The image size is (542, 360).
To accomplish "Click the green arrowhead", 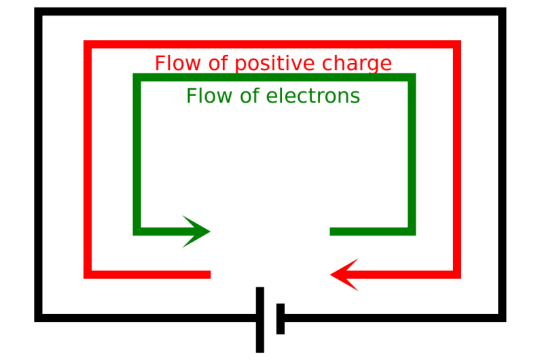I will (199, 232).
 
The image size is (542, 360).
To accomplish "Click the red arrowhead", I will (343, 274).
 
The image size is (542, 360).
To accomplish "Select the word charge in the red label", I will (359, 64).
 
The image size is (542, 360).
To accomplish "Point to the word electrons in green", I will (312, 96).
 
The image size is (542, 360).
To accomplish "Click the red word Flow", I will (175, 63).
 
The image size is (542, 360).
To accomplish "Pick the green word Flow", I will (205, 96).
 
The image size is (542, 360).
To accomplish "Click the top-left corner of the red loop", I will (87, 45).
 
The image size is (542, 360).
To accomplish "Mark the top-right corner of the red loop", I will (457, 45).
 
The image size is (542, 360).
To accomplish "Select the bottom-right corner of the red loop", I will (457, 274).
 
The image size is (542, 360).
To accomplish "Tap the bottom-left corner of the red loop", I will (87, 274).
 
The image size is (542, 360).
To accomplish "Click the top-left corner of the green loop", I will (137, 77).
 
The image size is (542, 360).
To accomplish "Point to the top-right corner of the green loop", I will (412, 77).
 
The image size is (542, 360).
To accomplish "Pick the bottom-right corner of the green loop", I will (412, 232).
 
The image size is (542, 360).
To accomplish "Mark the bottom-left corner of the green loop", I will (137, 232).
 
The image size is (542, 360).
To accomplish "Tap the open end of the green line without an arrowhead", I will (332, 232).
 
